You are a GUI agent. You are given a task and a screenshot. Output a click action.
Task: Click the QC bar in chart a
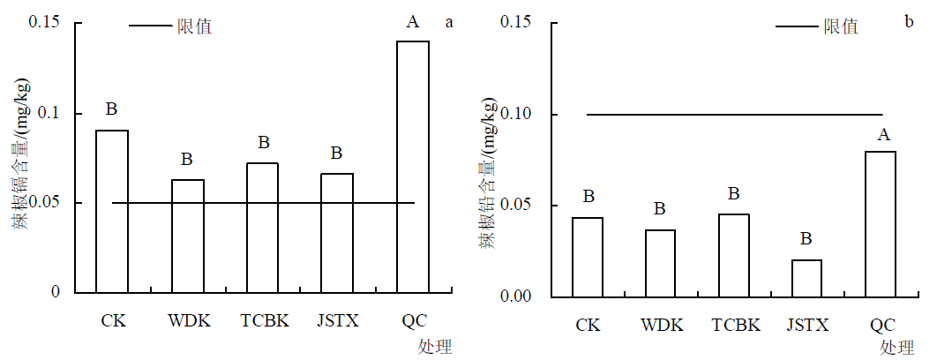pos(413,167)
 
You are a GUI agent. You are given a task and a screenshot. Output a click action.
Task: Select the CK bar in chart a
pos(112,211)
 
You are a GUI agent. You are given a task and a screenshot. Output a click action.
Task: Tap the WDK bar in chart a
pos(187,236)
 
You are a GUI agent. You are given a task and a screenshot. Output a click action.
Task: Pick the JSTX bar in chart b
pos(806,278)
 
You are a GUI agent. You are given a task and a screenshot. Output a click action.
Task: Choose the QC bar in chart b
pos(880,224)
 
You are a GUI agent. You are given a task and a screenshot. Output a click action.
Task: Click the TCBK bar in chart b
pos(733,255)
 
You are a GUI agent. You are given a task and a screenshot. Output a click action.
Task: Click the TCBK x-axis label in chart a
pos(265,319)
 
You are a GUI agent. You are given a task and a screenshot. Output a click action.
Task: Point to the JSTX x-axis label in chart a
pos(338,319)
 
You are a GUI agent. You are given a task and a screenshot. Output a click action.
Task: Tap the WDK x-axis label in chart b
pos(663,325)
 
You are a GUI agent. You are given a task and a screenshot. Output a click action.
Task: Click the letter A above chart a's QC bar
pos(412,22)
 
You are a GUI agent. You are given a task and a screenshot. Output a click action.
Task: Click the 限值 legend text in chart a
pos(196,26)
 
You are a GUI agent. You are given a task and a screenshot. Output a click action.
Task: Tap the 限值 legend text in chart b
pos(842,26)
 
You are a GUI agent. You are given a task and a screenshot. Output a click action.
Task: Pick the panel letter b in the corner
pos(908,20)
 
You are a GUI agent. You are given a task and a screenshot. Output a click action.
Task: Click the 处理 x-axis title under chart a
pos(435,346)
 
